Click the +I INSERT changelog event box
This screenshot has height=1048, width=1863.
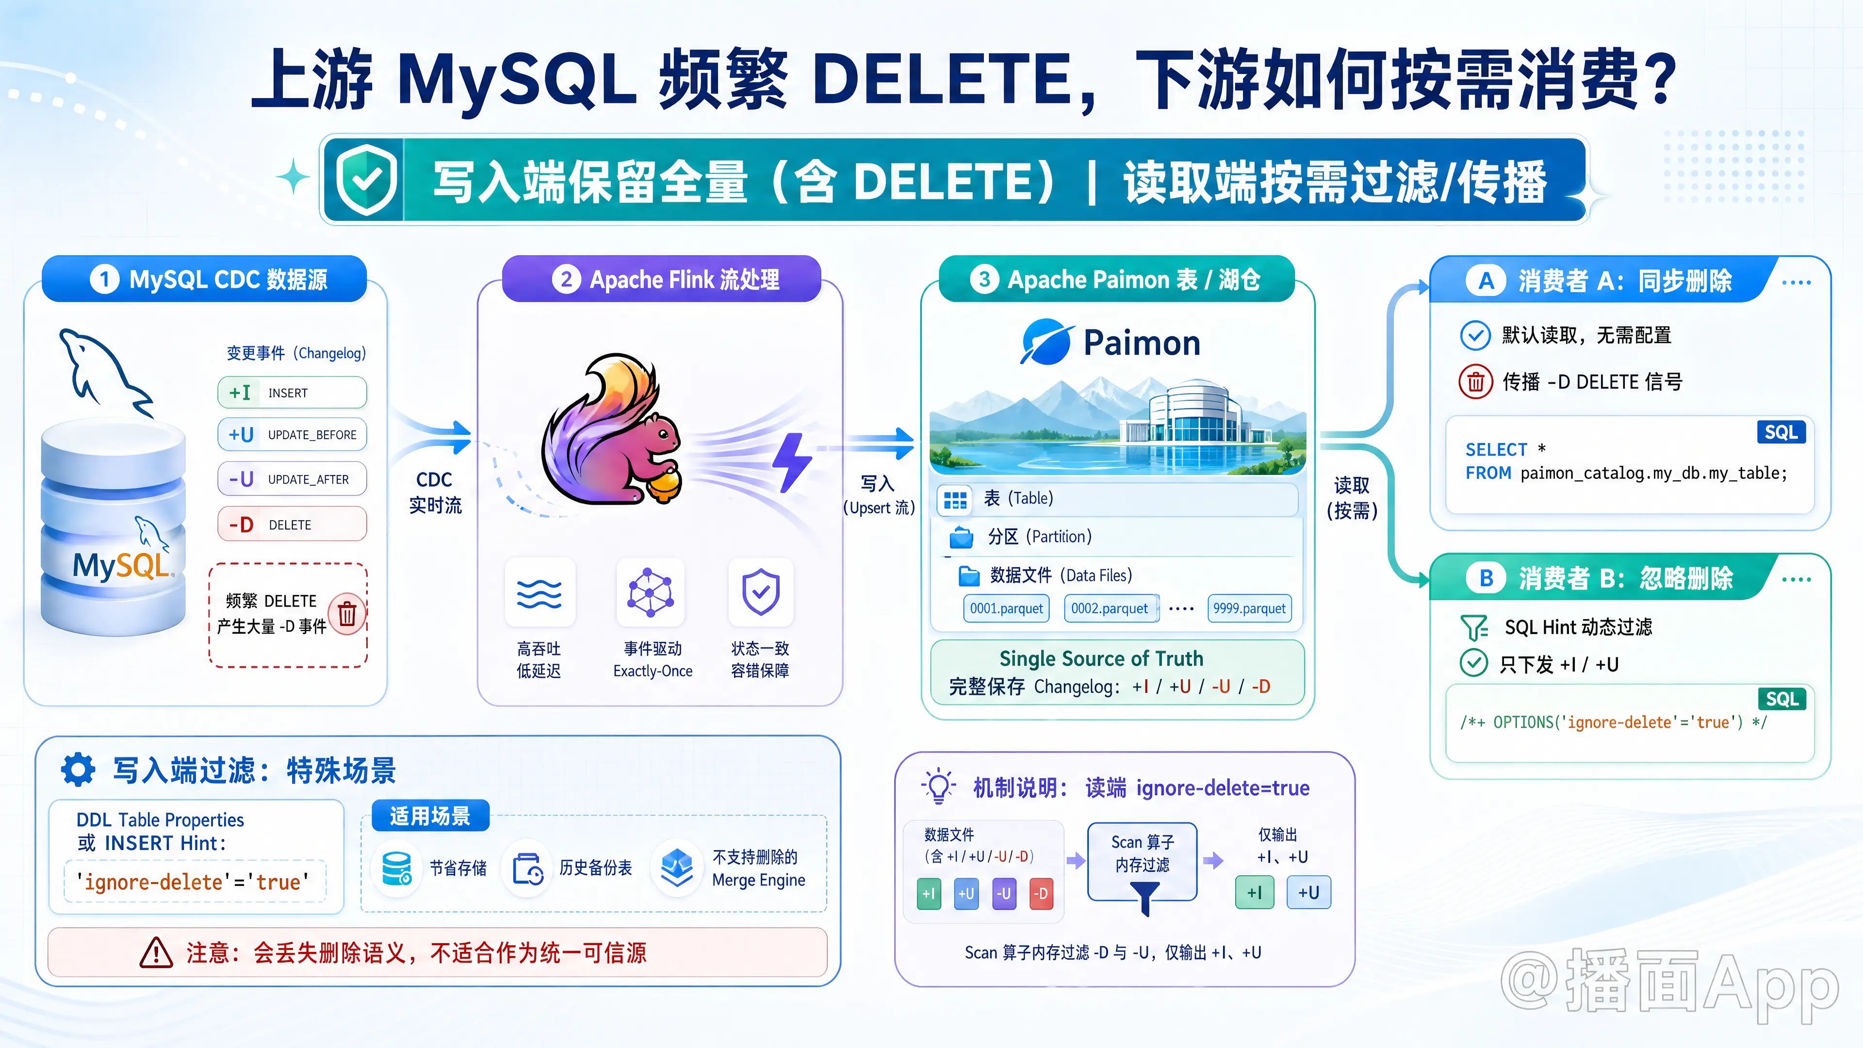click(292, 393)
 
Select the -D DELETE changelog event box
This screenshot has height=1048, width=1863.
click(292, 524)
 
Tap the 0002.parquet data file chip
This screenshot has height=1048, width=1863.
click(1110, 608)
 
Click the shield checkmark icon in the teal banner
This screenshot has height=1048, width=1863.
click(367, 180)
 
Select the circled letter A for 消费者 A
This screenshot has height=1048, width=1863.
click(1486, 280)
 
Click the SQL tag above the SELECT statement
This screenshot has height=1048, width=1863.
click(1781, 432)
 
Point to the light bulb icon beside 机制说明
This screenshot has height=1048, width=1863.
click(938, 786)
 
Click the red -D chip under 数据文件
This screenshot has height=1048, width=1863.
click(1041, 893)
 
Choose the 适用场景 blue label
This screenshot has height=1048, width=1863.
click(430, 816)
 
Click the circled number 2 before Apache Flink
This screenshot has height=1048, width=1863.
click(566, 279)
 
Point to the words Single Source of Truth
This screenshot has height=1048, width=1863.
click(1101, 658)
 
